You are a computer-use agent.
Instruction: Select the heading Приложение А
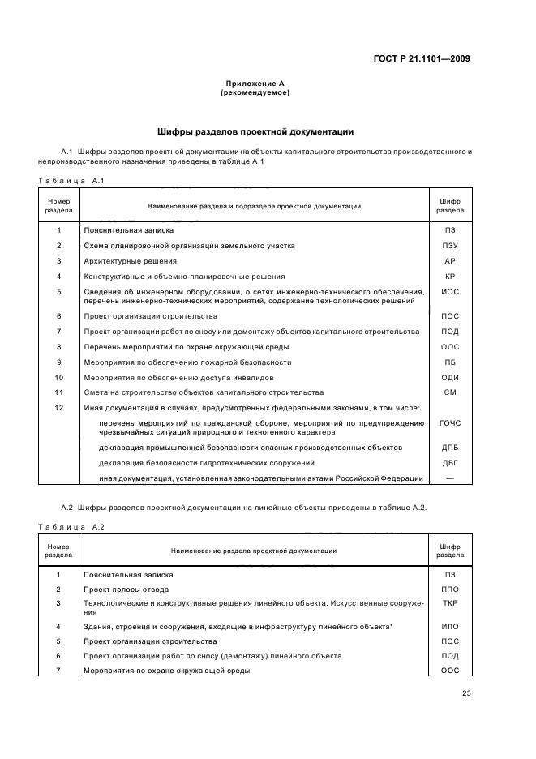tap(255, 83)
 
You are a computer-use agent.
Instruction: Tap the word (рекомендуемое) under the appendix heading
tap(255, 92)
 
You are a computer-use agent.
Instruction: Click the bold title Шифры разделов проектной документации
tap(255, 131)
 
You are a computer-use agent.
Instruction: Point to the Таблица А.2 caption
tap(72, 526)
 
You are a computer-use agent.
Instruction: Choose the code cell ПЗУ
tap(450, 246)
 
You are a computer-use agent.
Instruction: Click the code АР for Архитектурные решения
tap(450, 261)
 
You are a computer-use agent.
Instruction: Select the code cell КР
tap(450, 277)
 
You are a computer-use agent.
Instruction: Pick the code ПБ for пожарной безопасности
tap(450, 362)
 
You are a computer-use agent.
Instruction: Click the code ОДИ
tap(450, 378)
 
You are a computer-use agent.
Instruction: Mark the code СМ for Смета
tap(450, 392)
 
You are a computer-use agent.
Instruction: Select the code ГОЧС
tap(450, 423)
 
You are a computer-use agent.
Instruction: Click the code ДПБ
tap(450, 448)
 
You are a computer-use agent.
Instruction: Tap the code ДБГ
tap(450, 463)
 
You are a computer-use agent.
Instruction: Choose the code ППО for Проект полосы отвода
tap(450, 589)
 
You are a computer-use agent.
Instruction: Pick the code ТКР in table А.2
tap(450, 604)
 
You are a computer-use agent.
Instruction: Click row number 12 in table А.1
tap(58, 408)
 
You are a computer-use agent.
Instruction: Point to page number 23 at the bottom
tap(466, 693)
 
